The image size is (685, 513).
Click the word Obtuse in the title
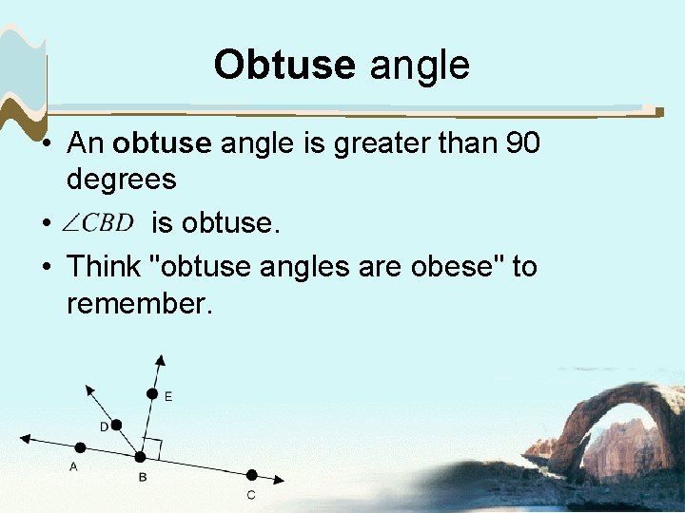284,65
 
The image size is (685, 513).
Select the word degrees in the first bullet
122,179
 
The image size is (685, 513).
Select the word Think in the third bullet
106,267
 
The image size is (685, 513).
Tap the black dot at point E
150,393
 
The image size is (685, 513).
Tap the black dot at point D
117,425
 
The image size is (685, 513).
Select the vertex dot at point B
140,458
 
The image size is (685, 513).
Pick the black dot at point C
251,474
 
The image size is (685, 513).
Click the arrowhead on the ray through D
88,388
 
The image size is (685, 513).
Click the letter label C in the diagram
251,495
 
